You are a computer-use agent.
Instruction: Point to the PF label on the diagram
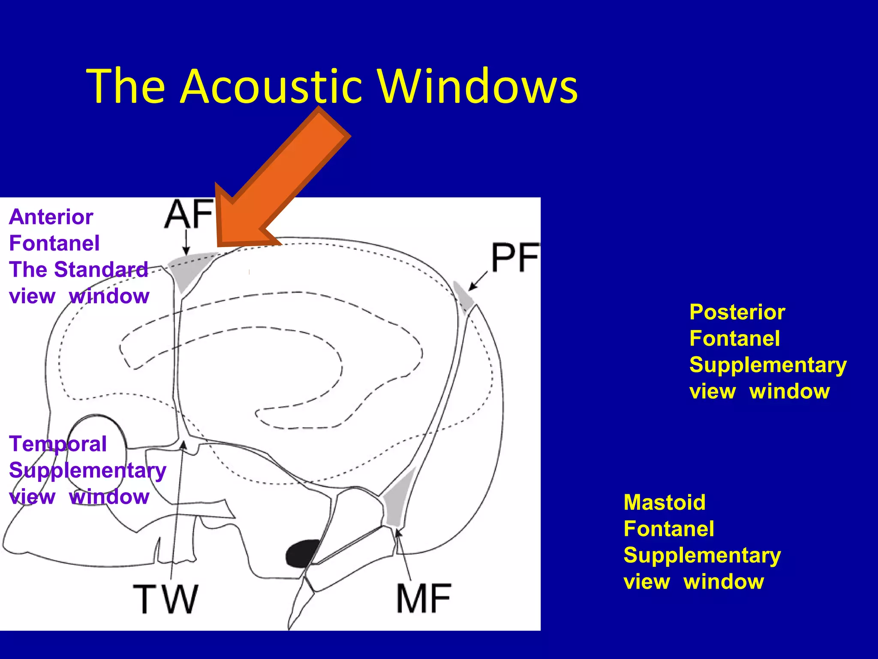(x=514, y=257)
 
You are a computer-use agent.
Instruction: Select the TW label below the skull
(x=165, y=599)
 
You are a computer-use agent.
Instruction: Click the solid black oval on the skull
(x=302, y=553)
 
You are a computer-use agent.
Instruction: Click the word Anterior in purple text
(x=51, y=217)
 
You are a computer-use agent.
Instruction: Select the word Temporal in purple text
(x=58, y=444)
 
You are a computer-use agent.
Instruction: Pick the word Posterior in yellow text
(x=737, y=312)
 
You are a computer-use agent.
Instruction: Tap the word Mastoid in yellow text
(x=665, y=502)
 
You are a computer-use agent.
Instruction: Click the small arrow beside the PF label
(x=478, y=281)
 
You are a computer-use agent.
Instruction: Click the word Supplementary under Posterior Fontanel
(x=768, y=365)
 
